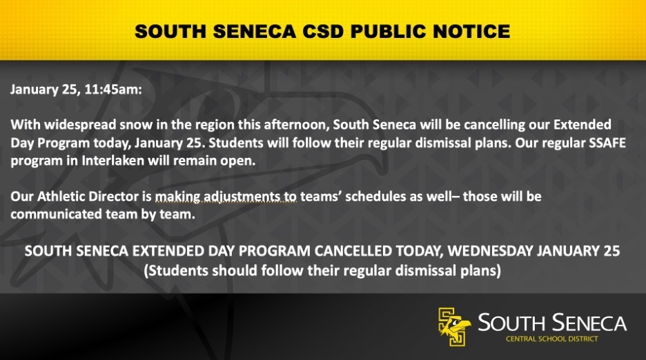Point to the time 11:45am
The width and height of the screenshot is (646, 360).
point(113,90)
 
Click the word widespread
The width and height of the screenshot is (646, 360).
point(80,125)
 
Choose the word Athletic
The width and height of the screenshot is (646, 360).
point(61,197)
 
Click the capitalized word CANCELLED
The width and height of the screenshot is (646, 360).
point(353,251)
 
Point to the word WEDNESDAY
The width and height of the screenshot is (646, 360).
point(490,251)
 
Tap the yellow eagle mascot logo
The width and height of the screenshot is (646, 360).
point(453,326)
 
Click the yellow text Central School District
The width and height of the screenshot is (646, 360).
point(551,339)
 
